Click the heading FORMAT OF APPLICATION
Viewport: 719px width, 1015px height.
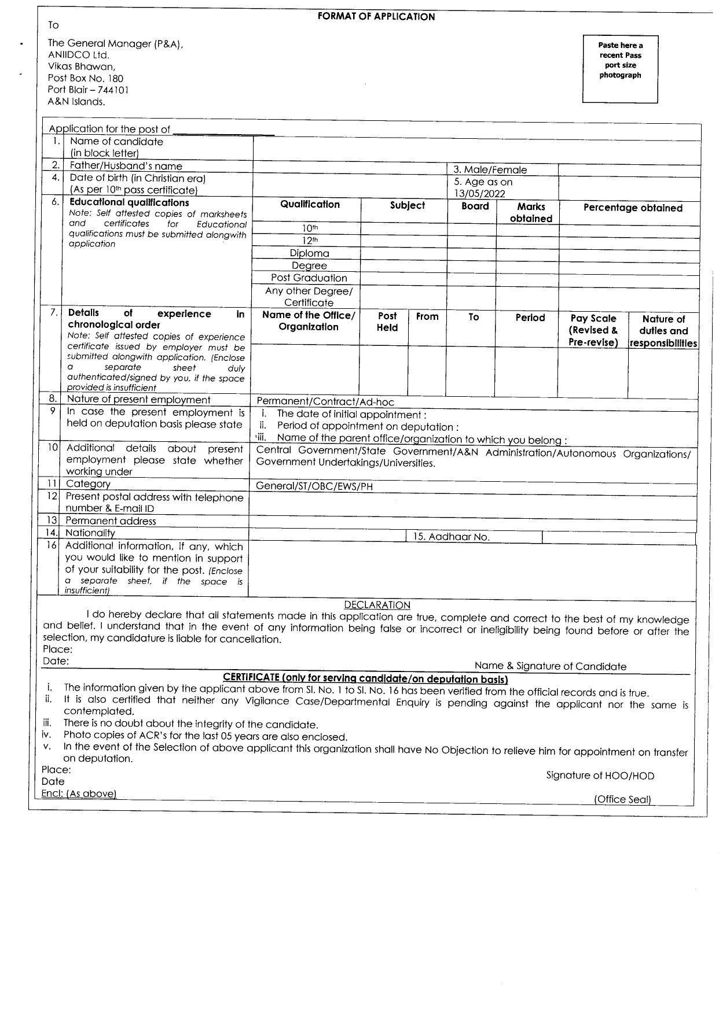376,17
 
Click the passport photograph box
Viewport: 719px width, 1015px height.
620,69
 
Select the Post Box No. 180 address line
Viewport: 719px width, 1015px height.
85,78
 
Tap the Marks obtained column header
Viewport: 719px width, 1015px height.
531,212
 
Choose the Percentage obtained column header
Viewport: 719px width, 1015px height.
633,208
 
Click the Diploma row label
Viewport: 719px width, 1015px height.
309,253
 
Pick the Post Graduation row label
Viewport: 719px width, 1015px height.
309,278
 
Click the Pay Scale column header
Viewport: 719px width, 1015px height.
593,330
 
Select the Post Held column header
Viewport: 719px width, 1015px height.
387,322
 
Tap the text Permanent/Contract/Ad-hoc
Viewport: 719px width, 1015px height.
325,401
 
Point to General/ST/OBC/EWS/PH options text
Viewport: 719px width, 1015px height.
314,486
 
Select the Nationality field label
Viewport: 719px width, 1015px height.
90,533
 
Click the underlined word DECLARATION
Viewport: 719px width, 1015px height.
377,605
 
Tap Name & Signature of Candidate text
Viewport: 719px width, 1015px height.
550,666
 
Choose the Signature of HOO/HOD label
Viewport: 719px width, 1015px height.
600,776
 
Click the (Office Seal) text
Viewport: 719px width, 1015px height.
622,799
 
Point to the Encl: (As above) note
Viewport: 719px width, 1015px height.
79,793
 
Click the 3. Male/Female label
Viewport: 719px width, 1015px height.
490,169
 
